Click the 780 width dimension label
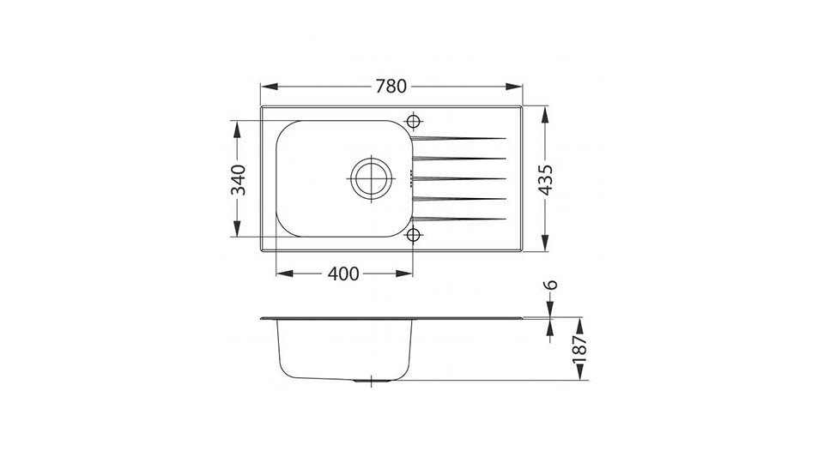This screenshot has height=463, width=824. point(391,86)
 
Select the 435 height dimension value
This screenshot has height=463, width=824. point(546,179)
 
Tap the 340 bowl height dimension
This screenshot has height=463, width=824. point(239,179)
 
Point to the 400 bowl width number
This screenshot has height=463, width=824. point(343,274)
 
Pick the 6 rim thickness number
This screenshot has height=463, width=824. point(550,285)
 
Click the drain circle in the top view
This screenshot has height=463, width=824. point(372,178)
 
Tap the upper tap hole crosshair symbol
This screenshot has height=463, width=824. point(414,121)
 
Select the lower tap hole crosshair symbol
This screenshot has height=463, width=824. point(414,235)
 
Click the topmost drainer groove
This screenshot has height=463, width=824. point(458,139)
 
